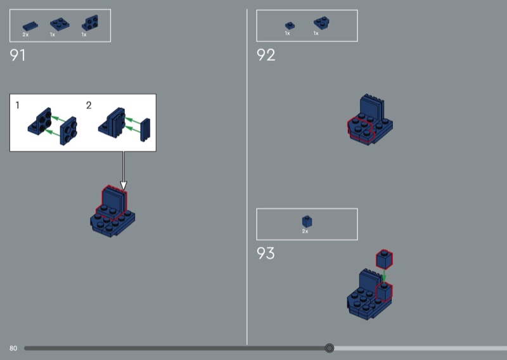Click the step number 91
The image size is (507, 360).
point(18,55)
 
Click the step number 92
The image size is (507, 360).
point(266,55)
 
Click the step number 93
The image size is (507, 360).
point(266,254)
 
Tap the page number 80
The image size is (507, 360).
point(13,348)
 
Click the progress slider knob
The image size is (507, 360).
point(329,348)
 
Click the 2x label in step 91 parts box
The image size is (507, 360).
point(25,34)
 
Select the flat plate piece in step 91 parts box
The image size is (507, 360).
point(29,26)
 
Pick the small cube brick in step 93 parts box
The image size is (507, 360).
point(307,221)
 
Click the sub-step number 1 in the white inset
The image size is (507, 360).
point(18,105)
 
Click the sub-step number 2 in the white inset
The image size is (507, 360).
point(89,105)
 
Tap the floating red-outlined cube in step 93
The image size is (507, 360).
point(384,259)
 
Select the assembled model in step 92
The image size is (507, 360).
point(370,121)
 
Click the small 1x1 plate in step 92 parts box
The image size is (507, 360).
point(288,25)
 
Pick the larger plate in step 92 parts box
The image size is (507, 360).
point(321,23)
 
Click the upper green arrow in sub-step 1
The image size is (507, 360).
point(58,118)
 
